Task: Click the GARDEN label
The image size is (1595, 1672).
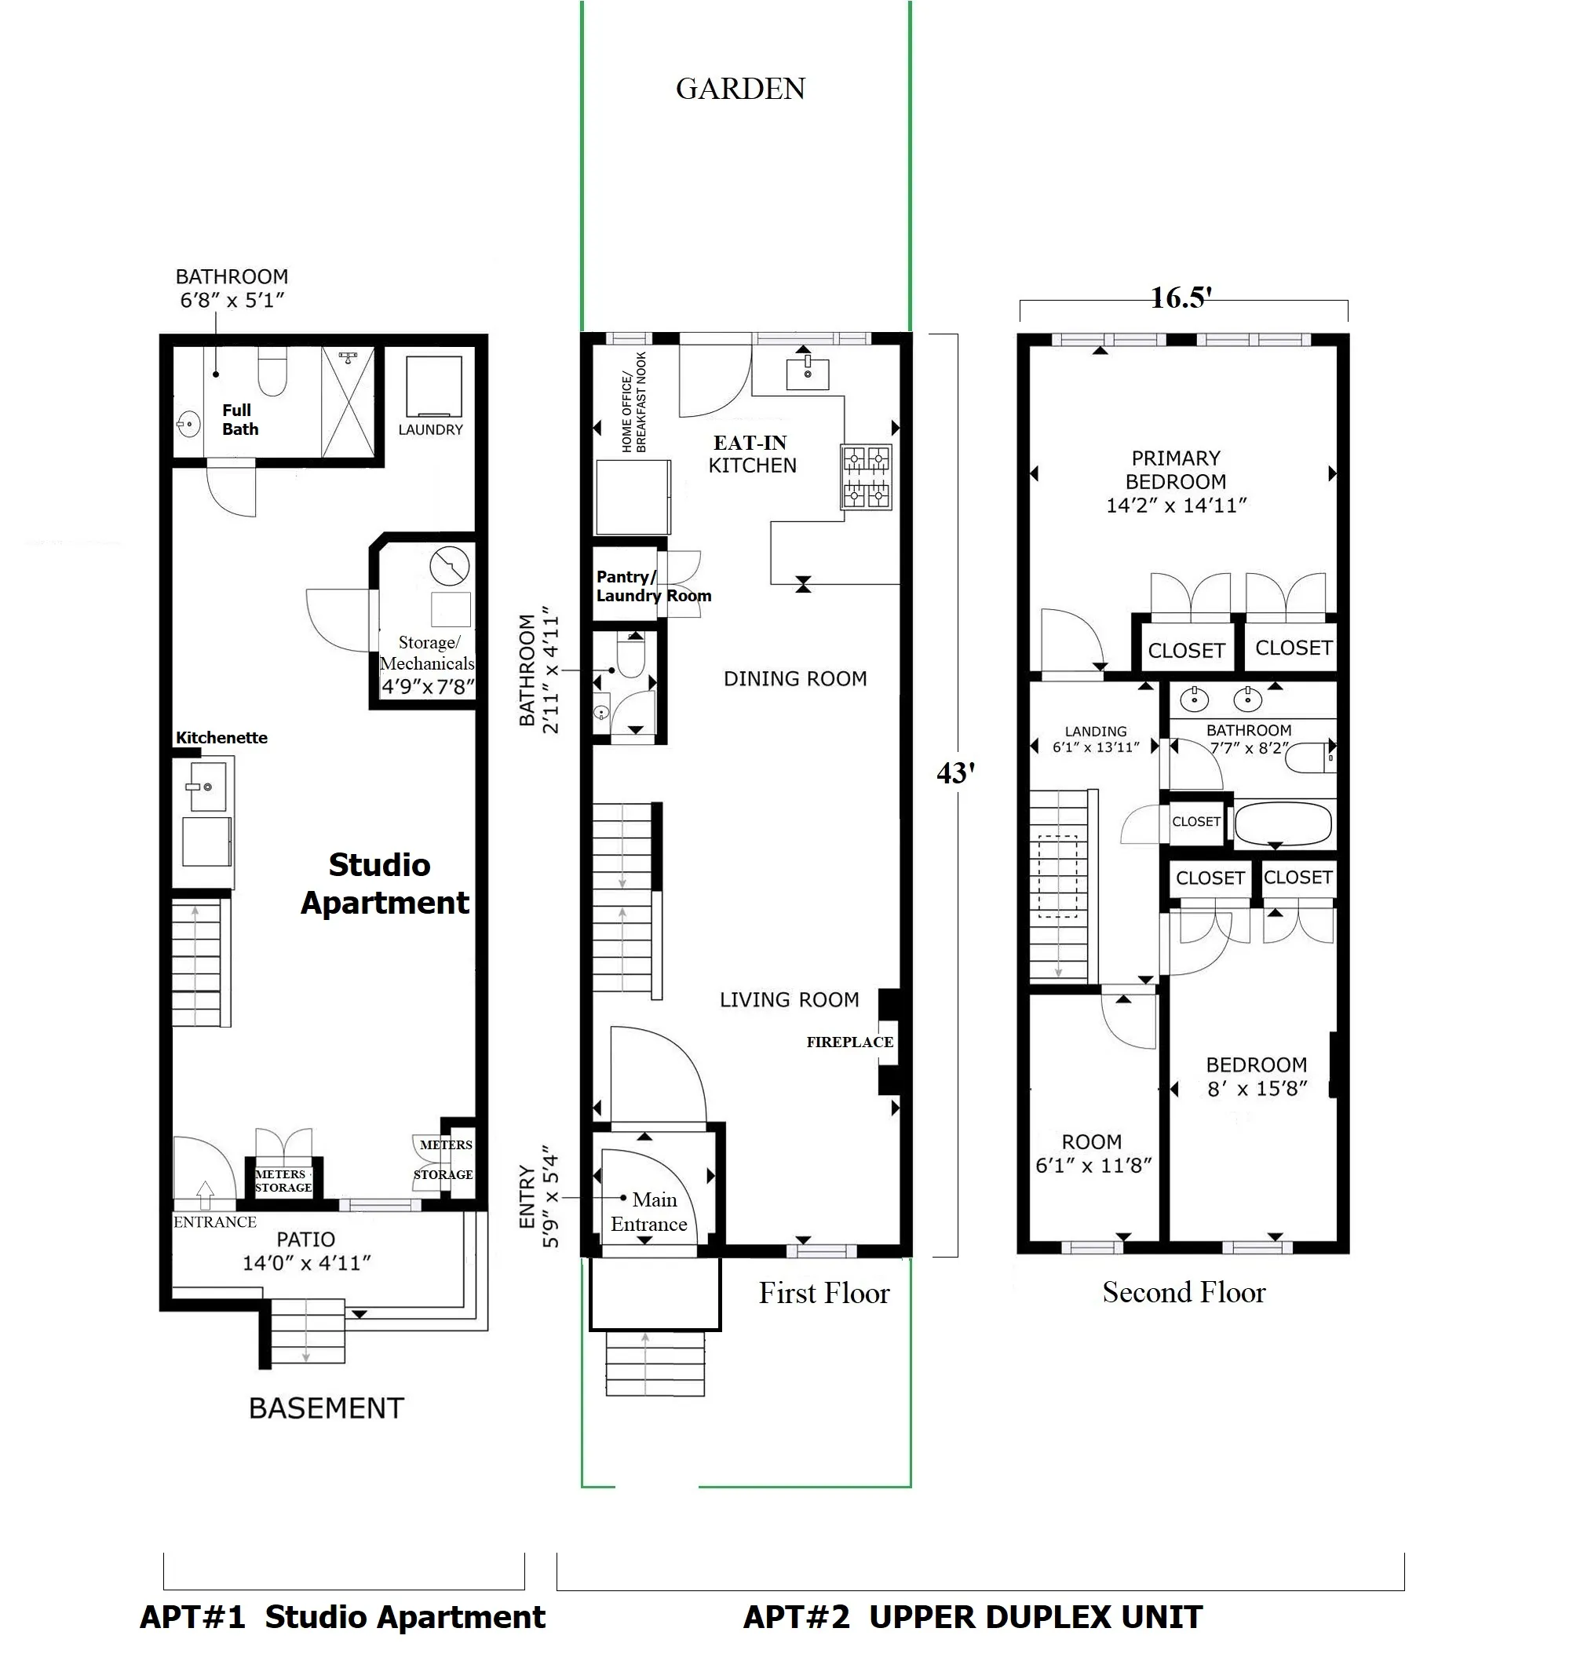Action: click(739, 89)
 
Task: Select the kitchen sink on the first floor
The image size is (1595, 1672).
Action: click(807, 373)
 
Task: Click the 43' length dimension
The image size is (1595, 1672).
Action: click(954, 772)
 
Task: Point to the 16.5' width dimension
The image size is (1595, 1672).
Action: click(1180, 298)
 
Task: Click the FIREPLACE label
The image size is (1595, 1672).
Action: click(849, 1042)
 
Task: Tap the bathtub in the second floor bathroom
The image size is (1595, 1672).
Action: click(1281, 823)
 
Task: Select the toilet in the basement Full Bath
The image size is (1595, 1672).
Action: click(272, 374)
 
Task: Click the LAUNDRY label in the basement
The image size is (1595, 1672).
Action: click(430, 429)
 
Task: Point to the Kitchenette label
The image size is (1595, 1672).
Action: click(221, 737)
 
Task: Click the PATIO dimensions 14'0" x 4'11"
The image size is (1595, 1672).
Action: click(306, 1263)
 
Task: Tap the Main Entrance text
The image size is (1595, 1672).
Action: click(650, 1212)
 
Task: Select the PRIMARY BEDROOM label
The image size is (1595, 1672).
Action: click(1176, 481)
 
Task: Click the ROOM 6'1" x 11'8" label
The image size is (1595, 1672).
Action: click(1093, 1153)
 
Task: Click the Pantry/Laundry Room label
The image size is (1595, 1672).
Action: click(652, 586)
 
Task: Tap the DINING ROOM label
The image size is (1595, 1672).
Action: click(795, 678)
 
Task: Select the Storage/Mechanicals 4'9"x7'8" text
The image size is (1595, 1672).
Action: click(428, 665)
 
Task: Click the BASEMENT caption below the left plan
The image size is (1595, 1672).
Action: click(326, 1408)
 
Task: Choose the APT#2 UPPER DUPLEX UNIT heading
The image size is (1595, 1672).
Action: click(972, 1616)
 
